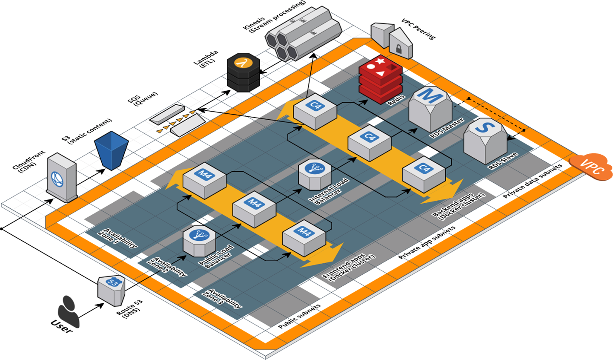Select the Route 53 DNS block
click(112, 290)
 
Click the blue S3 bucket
click(111, 150)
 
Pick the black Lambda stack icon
click(243, 72)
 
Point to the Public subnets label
click(299, 317)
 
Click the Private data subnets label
click(532, 181)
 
